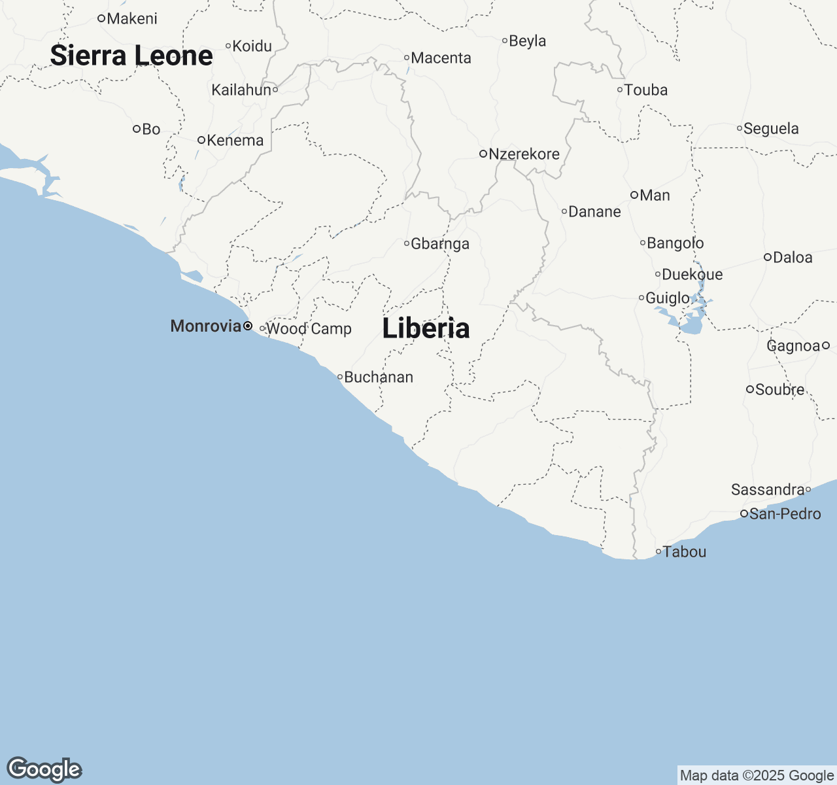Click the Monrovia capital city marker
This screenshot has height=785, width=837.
pos(248,326)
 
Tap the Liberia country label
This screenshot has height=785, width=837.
pos(426,328)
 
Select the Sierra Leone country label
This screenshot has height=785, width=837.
pos(131,56)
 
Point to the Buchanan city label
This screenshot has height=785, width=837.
pos(379,377)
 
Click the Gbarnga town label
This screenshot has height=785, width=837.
pos(440,244)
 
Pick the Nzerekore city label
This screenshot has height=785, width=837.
pos(524,154)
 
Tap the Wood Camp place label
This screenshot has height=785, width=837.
pos(309,329)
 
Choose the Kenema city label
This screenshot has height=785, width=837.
pos(235,141)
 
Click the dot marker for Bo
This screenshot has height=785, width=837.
pos(137,129)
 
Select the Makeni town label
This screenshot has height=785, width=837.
pos(132,19)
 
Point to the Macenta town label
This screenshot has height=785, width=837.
pos(441,58)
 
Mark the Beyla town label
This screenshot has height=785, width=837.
pos(527,41)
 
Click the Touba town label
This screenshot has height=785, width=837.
pos(646,90)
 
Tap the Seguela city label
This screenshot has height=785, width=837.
pos(771,129)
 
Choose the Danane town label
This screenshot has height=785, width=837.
pos(594,212)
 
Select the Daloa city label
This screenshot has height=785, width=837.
pos(793,258)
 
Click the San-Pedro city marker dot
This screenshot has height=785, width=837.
pos(744,514)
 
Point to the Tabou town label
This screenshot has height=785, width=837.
pos(685,552)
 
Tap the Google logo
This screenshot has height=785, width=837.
pos(44,770)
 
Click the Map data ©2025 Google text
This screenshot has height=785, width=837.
pos(757,776)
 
